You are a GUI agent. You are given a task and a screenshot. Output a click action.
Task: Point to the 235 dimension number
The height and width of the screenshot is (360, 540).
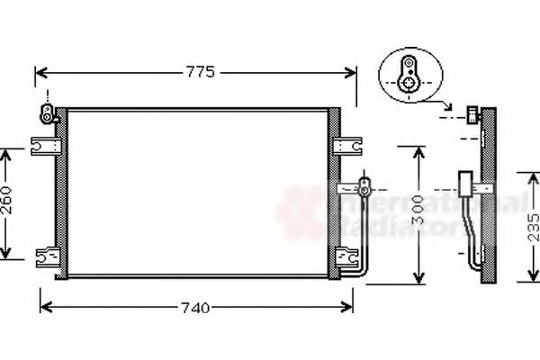[x=532, y=226]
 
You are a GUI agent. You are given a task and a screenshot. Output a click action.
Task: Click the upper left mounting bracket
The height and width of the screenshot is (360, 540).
[x=42, y=145]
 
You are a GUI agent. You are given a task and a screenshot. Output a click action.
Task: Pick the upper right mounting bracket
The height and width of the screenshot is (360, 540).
[x=346, y=144]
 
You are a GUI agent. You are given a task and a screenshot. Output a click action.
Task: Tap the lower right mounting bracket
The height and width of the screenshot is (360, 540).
[x=346, y=256]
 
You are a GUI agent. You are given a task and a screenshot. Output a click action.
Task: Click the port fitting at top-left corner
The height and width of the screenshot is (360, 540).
[x=43, y=112]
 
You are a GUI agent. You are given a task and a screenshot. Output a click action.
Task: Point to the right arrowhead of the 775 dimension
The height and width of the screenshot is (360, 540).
[x=352, y=73]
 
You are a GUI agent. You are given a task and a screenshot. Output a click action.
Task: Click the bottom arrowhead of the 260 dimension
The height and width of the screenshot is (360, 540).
[x=6, y=254]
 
